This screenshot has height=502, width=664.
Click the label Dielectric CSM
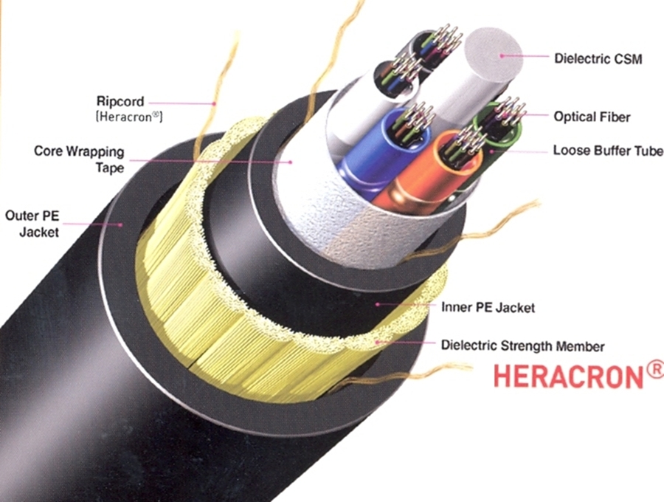coord(598,58)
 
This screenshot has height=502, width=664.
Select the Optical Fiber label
coord(592,117)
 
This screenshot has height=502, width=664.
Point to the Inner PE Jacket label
coord(488,306)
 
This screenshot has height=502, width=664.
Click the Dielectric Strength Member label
coord(522,345)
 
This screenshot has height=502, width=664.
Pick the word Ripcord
coord(120,101)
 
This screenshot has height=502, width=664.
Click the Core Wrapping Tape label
coord(79,158)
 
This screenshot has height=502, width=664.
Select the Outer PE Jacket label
coord(30,222)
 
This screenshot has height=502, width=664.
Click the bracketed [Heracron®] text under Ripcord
coord(129,117)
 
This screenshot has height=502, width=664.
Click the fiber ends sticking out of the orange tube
coord(461,137)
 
